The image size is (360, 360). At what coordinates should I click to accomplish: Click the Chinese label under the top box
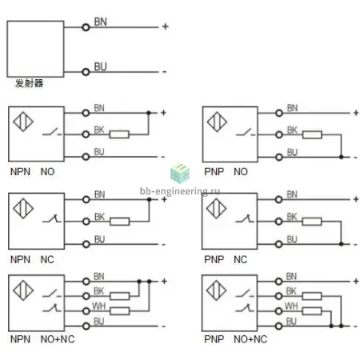(x=29, y=83)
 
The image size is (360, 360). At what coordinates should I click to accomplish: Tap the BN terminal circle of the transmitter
(x=86, y=27)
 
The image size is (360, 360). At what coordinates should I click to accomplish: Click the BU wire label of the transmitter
(x=101, y=66)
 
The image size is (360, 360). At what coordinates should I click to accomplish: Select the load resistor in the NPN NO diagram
(x=119, y=134)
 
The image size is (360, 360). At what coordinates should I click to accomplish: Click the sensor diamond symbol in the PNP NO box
(x=217, y=122)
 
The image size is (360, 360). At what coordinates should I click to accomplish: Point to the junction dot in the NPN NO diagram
(x=149, y=113)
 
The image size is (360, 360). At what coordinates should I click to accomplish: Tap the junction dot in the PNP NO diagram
(x=341, y=157)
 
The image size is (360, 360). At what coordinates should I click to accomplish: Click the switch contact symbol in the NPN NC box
(x=52, y=219)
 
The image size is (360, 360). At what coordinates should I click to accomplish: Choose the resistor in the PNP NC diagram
(x=312, y=222)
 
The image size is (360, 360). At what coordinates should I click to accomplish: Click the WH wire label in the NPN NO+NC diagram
(x=99, y=306)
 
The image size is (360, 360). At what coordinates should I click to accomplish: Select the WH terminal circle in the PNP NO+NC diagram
(x=278, y=311)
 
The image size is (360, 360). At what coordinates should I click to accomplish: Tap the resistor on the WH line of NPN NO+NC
(x=120, y=311)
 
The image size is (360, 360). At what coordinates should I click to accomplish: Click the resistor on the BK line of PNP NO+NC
(x=312, y=296)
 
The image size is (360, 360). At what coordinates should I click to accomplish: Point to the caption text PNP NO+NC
(x=235, y=339)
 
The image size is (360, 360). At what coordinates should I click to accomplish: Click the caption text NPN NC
(x=32, y=259)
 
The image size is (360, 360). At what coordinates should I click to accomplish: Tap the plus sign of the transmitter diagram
(x=166, y=26)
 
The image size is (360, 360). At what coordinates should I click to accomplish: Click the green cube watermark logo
(x=180, y=174)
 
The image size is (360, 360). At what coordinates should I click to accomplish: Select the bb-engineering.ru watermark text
(x=180, y=191)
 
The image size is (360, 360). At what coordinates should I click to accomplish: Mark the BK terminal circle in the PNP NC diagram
(x=278, y=222)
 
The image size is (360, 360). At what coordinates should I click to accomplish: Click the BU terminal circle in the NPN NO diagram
(x=86, y=157)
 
